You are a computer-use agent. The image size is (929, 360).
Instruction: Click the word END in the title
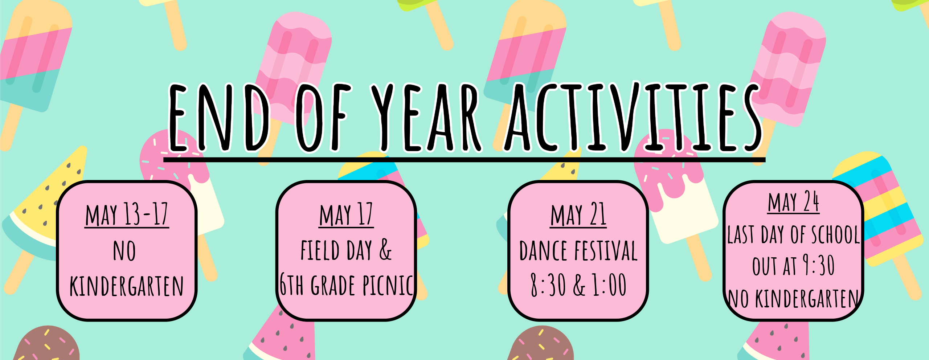click(220, 117)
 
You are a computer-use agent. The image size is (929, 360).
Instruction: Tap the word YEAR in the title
click(427, 117)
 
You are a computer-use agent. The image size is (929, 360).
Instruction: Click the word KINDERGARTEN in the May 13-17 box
click(127, 286)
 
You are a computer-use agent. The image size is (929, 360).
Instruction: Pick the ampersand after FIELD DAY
click(385, 250)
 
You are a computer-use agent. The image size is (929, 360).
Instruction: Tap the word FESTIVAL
click(606, 250)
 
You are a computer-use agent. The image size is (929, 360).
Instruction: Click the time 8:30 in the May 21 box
click(548, 285)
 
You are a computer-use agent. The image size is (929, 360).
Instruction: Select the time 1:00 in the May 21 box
click(610, 285)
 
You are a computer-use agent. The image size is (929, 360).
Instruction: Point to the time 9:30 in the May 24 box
click(818, 265)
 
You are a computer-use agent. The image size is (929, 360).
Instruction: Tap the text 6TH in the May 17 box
click(292, 285)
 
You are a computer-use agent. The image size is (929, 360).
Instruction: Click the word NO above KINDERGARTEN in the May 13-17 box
click(124, 251)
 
